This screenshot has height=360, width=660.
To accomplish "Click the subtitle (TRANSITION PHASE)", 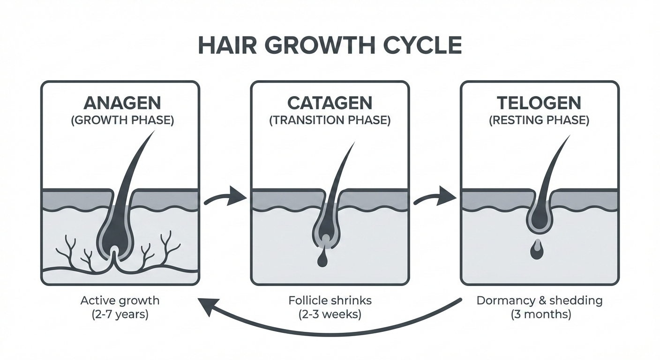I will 330,120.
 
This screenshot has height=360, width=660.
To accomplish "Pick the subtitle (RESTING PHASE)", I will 539,120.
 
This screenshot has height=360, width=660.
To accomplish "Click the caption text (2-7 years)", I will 120,314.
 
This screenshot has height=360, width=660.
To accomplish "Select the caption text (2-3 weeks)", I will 330,314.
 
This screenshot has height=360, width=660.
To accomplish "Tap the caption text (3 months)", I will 540,314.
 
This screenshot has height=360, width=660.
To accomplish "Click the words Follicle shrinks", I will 330,300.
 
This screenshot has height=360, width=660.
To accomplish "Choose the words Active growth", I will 120,300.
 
